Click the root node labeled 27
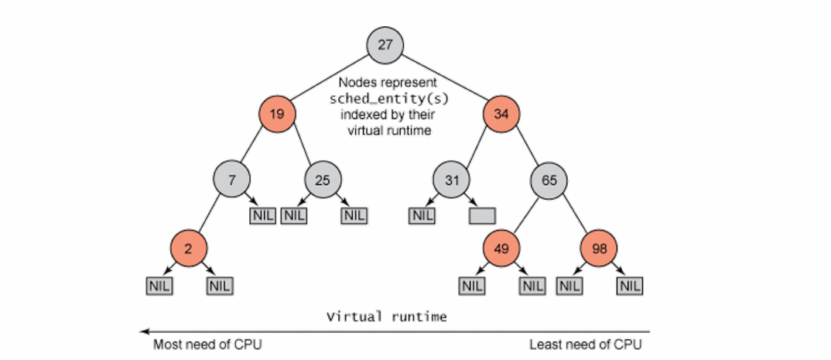385,44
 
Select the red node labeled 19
276,115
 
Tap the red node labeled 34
501,115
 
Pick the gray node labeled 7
232,180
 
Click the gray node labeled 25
323,180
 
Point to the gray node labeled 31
451,180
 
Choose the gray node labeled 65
549,180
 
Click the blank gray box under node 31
482,216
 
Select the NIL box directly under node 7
262,216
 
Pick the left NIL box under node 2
159,286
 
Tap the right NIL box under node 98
629,286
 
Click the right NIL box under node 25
353,216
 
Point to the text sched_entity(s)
385,98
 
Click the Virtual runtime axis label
386,317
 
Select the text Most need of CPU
207,345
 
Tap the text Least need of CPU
585,345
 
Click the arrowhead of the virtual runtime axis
144,331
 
